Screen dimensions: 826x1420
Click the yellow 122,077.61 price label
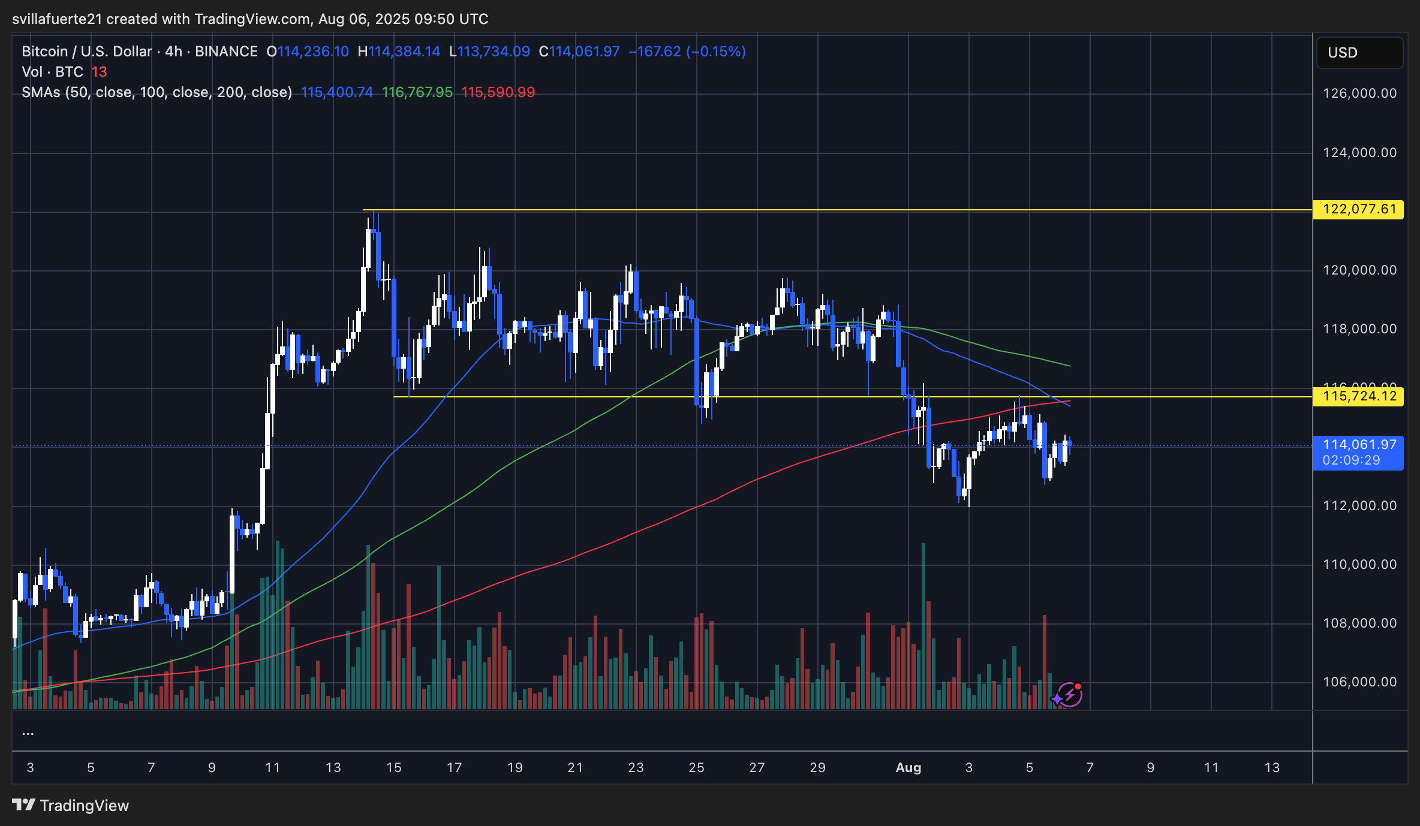pyautogui.click(x=1358, y=209)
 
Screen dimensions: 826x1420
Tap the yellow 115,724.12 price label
pyautogui.click(x=1358, y=396)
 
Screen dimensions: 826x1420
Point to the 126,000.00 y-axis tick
pyautogui.click(x=1359, y=94)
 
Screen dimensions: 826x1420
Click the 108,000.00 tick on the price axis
pyautogui.click(x=1359, y=623)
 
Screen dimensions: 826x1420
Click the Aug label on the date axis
pyautogui.click(x=908, y=768)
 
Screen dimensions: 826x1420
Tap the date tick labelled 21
pyautogui.click(x=575, y=768)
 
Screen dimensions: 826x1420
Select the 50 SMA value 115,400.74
pyautogui.click(x=336, y=92)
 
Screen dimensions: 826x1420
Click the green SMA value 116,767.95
pyautogui.click(x=417, y=92)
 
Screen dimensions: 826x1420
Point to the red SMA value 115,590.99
pyautogui.click(x=498, y=92)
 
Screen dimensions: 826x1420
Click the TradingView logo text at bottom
pyautogui.click(x=84, y=806)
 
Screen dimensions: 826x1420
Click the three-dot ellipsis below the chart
pyautogui.click(x=28, y=733)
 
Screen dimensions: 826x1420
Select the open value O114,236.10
pyautogui.click(x=308, y=52)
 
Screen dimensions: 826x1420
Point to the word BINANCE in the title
pyautogui.click(x=226, y=52)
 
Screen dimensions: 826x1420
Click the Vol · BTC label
pyautogui.click(x=52, y=72)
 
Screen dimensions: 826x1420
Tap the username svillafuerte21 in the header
pyautogui.click(x=57, y=19)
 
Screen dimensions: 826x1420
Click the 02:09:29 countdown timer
pyautogui.click(x=1351, y=460)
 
